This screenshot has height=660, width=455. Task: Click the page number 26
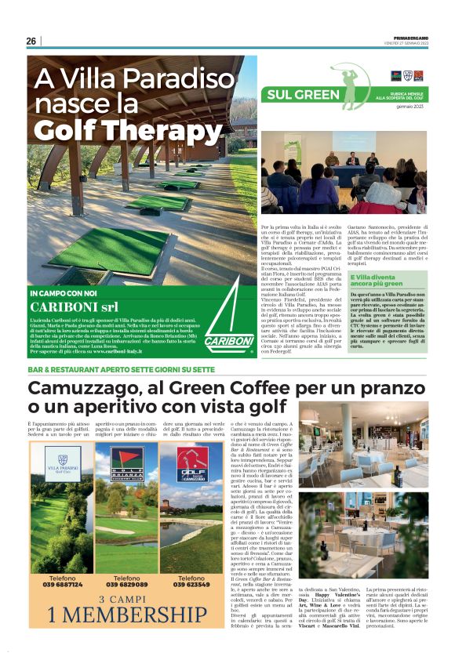click(31, 42)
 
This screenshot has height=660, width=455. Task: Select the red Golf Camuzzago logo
click(191, 462)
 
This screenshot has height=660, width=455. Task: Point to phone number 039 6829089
click(126, 584)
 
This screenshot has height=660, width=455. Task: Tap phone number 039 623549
click(191, 584)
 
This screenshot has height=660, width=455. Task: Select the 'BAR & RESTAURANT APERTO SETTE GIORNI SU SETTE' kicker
click(121, 368)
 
